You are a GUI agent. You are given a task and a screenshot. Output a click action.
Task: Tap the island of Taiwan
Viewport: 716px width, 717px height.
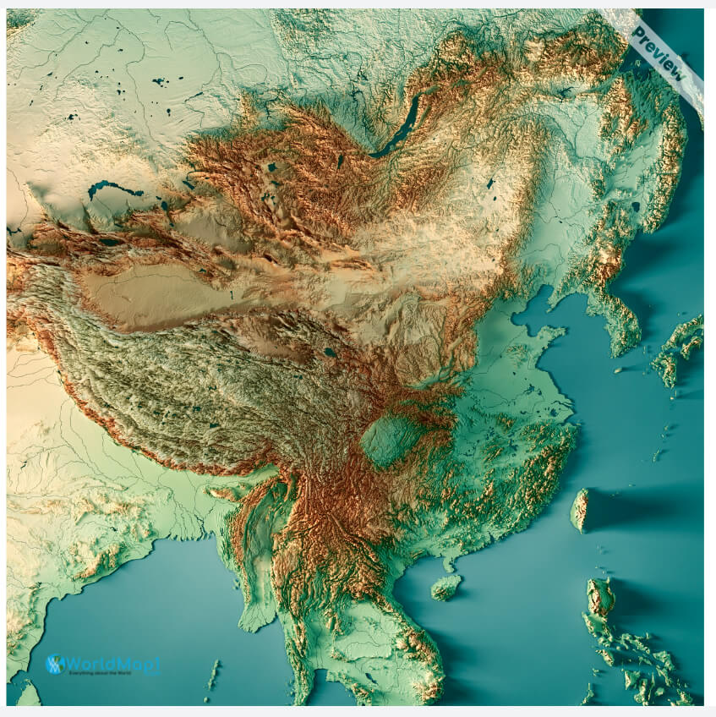point(580,510)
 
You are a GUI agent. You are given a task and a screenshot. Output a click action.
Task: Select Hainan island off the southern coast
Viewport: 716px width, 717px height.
point(445,586)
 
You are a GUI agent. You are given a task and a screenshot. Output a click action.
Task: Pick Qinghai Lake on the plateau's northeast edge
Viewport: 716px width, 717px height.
point(329,352)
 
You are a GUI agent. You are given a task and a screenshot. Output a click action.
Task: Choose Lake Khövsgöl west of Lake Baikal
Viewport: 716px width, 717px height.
point(341,159)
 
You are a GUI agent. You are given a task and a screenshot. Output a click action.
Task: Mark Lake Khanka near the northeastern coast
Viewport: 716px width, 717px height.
point(635,205)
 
